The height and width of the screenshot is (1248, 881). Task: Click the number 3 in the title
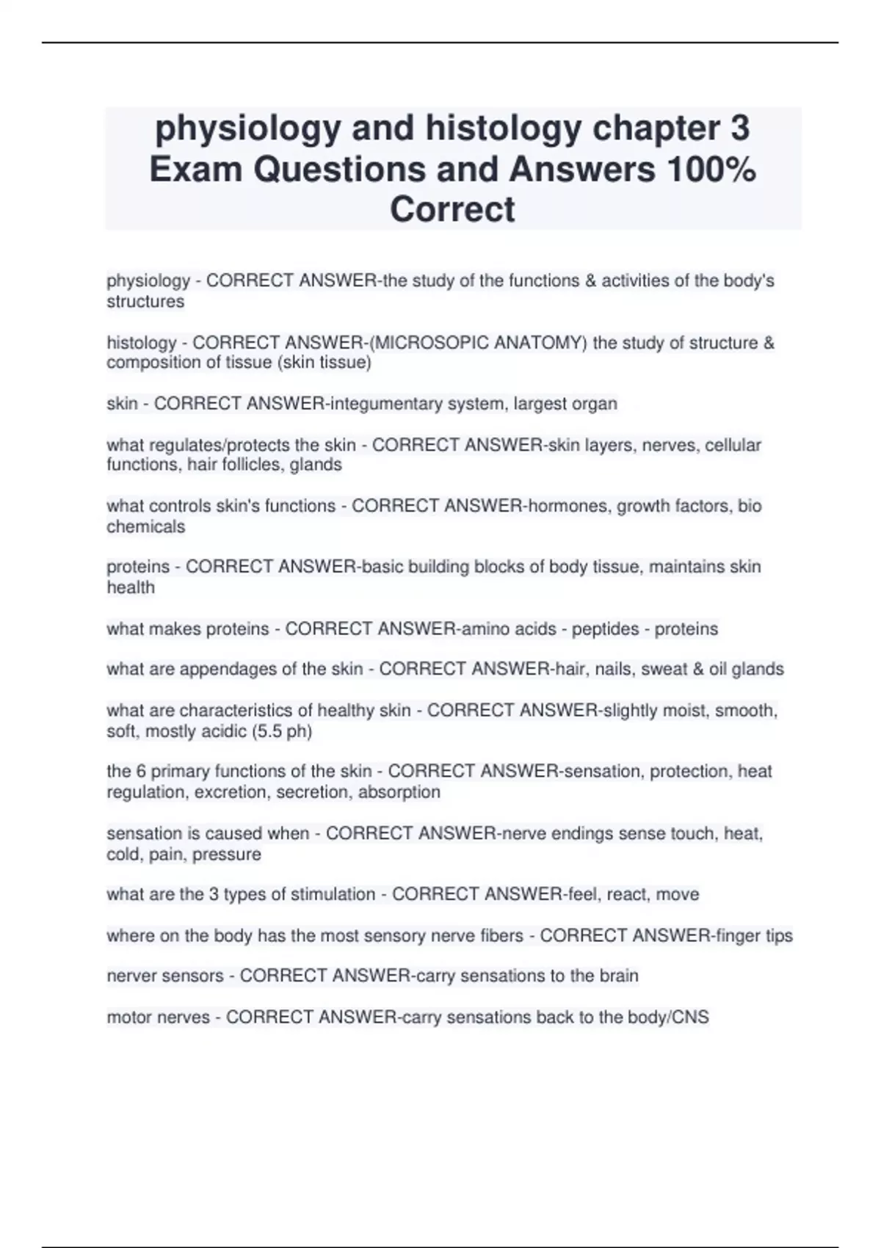(x=739, y=128)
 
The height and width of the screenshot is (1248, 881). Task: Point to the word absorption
(x=399, y=792)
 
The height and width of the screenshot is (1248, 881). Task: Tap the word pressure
(x=227, y=855)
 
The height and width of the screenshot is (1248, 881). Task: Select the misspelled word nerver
(x=131, y=976)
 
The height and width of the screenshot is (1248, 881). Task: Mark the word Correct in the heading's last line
(x=452, y=209)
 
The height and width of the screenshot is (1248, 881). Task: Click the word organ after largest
(x=595, y=404)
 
